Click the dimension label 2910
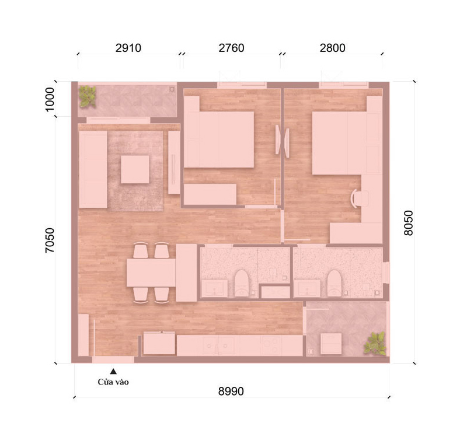click(x=128, y=48)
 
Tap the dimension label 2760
click(x=231, y=48)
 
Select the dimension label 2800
click(x=332, y=48)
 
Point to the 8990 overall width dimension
click(x=231, y=391)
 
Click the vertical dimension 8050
click(x=408, y=223)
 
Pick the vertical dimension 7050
click(x=50, y=240)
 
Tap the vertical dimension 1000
click(x=50, y=99)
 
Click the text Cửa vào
click(x=113, y=382)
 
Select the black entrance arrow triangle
click(x=113, y=371)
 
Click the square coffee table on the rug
click(x=135, y=169)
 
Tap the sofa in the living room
click(x=93, y=169)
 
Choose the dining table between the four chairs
click(x=151, y=273)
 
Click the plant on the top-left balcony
click(x=87, y=96)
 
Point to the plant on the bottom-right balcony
click(x=375, y=344)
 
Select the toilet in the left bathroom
click(x=242, y=283)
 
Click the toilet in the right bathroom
click(x=334, y=283)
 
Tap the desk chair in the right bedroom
click(x=360, y=198)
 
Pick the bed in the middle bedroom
click(x=219, y=139)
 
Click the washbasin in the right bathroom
click(x=308, y=288)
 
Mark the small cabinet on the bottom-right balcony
click(x=331, y=344)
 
